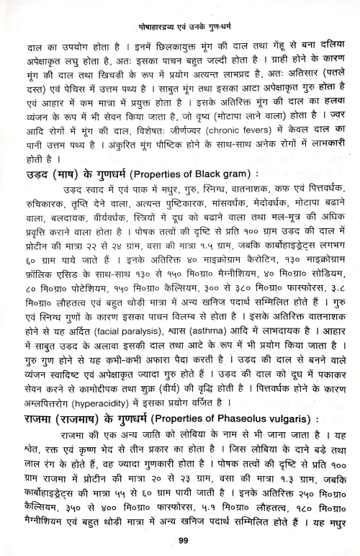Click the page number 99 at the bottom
click(180, 541)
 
